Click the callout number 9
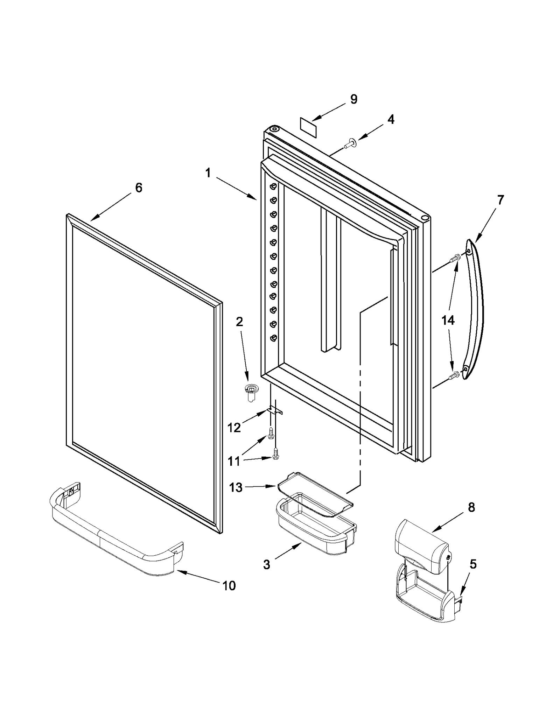[354, 99]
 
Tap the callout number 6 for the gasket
[139, 188]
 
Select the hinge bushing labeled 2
[250, 393]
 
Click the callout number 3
[266, 564]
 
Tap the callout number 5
[473, 564]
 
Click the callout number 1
[208, 173]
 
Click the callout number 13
[236, 487]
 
